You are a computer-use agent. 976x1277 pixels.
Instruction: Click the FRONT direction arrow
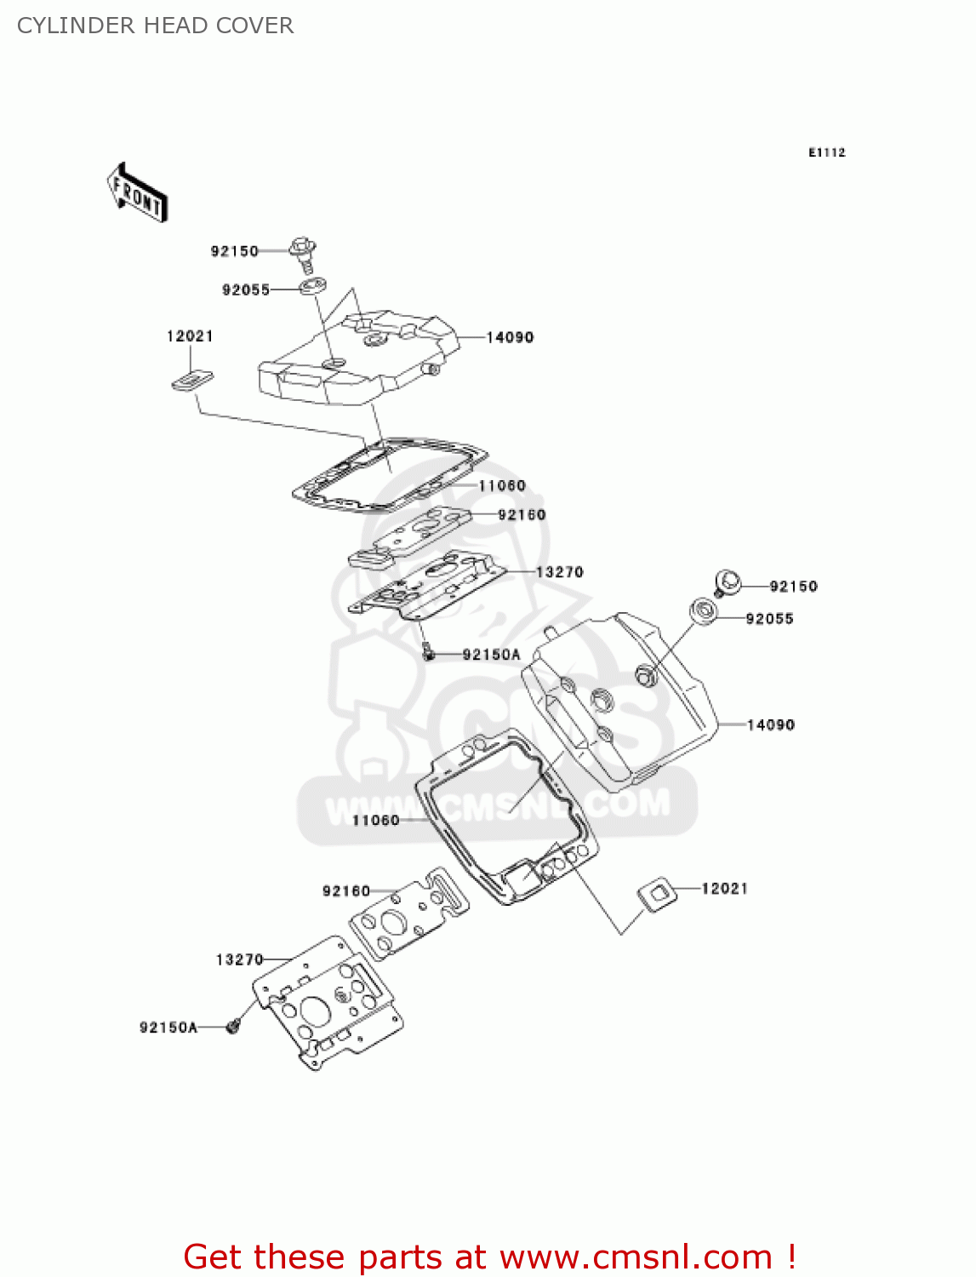coord(137,193)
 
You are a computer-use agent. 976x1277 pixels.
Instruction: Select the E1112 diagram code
coord(826,152)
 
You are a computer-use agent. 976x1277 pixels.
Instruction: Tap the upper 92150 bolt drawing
coord(303,252)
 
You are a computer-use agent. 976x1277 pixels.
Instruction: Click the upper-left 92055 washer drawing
coord(313,286)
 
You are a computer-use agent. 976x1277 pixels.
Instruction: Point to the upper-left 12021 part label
coord(190,336)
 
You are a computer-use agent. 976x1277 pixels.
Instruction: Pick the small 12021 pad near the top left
coord(193,380)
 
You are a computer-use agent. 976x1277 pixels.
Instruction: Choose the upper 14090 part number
coord(510,337)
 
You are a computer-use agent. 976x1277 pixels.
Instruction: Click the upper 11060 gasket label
coord(502,486)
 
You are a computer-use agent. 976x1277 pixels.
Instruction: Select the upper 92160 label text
coord(522,515)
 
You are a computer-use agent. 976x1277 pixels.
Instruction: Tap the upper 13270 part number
coord(559,572)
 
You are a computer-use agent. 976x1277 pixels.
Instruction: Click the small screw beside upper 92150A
coord(430,653)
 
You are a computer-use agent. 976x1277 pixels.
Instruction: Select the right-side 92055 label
coord(769,619)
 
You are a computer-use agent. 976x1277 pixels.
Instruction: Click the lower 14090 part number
coord(771,724)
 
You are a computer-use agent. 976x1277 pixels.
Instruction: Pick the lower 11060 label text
coord(375,820)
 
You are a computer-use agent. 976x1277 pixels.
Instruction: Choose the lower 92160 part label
coord(346,891)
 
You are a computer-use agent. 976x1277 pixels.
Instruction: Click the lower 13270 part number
coord(239,959)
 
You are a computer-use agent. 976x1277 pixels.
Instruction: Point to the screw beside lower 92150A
coord(233,1027)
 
